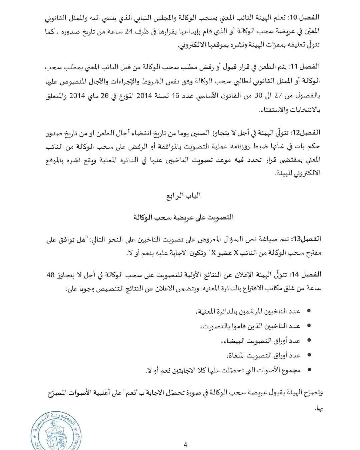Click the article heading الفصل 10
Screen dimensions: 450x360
304,17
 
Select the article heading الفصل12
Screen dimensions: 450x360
305,133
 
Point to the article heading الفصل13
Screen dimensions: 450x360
305,239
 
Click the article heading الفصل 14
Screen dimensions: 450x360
304,275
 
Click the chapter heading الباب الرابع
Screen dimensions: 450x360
184,195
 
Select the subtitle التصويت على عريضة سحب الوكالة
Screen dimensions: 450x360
183,217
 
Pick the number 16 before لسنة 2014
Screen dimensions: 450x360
176,96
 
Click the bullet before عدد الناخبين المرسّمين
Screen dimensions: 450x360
309,311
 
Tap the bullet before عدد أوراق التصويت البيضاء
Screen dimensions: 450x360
309,340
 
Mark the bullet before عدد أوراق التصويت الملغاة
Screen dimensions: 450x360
309,355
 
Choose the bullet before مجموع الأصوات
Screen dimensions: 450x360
309,370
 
